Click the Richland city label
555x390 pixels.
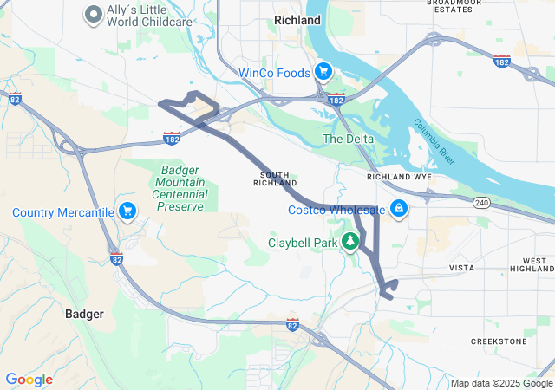coord(297,19)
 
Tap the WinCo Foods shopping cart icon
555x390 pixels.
coord(323,72)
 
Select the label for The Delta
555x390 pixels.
coord(349,139)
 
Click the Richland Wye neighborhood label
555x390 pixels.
coord(399,177)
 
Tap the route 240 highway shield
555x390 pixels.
coord(481,203)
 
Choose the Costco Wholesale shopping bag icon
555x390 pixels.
coord(399,209)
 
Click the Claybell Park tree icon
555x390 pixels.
coord(351,242)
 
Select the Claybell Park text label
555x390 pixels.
coord(303,244)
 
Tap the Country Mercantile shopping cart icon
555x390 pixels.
coord(127,211)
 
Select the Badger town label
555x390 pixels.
coord(85,314)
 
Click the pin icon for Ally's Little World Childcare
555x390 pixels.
coord(93,15)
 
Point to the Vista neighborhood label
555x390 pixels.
coord(461,269)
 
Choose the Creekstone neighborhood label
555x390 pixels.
coord(499,341)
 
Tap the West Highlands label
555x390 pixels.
coord(535,265)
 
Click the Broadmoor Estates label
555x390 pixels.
coord(453,6)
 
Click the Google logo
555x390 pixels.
coord(29,380)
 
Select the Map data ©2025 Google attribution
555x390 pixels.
coord(501,383)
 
